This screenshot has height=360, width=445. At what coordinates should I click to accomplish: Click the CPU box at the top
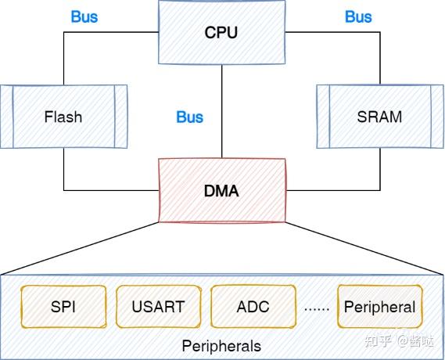click(x=221, y=32)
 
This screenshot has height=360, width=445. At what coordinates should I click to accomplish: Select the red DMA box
click(x=221, y=189)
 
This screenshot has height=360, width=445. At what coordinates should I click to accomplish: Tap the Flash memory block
click(x=63, y=117)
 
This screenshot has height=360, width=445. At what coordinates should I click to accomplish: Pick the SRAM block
click(x=379, y=117)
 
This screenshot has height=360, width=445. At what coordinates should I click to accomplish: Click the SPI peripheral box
click(x=63, y=307)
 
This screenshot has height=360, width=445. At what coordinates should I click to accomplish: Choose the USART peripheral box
click(x=159, y=307)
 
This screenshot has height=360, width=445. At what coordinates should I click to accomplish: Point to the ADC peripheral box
click(x=253, y=307)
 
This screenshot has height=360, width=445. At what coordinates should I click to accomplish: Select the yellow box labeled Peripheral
click(x=379, y=307)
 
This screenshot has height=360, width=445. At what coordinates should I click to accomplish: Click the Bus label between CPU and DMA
click(x=189, y=117)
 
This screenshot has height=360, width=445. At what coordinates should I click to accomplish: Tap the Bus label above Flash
click(x=84, y=16)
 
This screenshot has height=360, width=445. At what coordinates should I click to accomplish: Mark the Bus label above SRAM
click(x=358, y=16)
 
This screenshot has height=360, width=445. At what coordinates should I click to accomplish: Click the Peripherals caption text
click(x=221, y=345)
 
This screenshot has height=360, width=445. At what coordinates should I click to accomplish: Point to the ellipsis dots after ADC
click(x=316, y=308)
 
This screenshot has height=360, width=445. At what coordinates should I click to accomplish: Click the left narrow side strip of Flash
click(x=6, y=117)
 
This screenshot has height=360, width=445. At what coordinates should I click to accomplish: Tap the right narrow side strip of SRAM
click(x=436, y=117)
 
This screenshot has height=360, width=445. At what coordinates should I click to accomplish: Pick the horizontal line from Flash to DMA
click(x=109, y=190)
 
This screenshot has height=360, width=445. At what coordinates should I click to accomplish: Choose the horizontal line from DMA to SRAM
click(x=332, y=190)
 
